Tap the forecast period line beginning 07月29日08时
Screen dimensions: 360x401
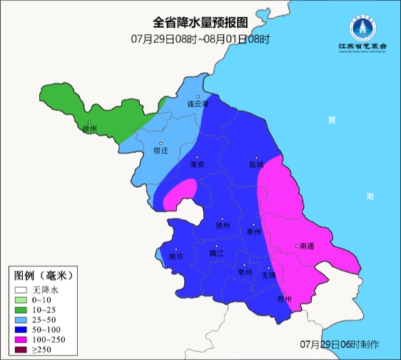click(200, 38)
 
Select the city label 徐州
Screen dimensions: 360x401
click(88, 129)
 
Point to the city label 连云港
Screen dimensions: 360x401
click(198, 104)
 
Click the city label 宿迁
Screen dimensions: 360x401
click(161, 151)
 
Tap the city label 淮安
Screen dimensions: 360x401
click(197, 164)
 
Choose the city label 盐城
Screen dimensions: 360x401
click(256, 164)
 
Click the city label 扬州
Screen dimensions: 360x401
click(223, 225)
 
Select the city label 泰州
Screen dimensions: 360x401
click(255, 231)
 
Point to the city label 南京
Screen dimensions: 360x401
click(176, 256)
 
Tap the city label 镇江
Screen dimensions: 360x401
click(216, 253)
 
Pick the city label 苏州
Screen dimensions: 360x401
click(285, 299)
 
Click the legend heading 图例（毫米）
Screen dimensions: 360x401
click(44, 275)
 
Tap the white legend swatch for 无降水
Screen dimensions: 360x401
click(21, 290)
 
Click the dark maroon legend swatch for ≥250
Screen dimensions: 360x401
click(21, 350)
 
